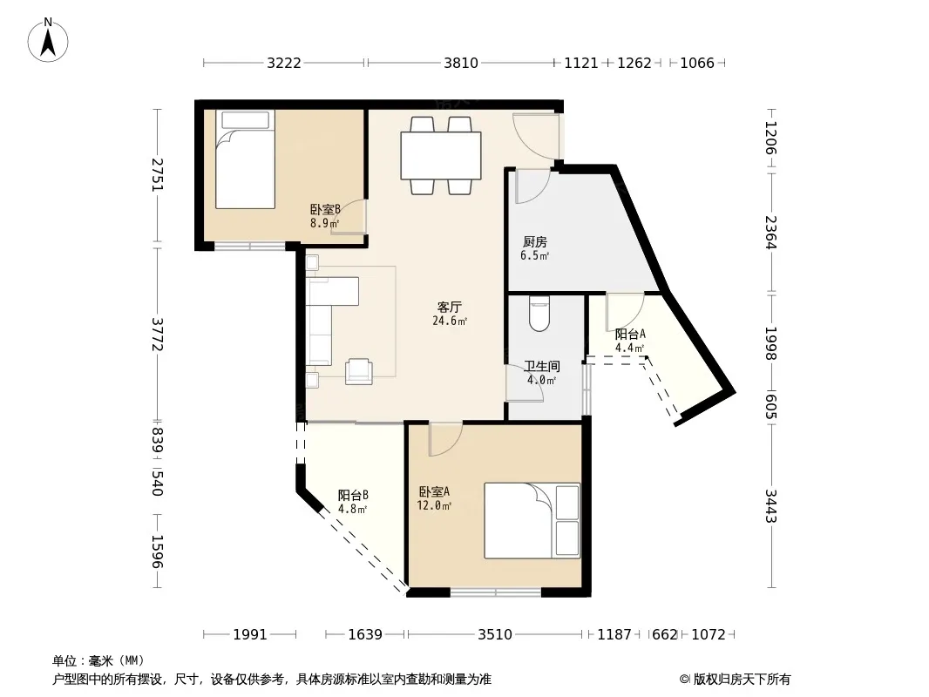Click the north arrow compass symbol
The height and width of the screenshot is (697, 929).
click(x=48, y=40)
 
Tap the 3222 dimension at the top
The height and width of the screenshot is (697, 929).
click(x=284, y=63)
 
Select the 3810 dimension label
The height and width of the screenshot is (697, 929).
click(x=461, y=63)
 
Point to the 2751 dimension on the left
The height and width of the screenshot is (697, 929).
click(x=157, y=174)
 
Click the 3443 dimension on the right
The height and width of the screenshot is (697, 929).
click(x=770, y=505)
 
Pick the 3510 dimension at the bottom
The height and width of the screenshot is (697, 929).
click(x=495, y=635)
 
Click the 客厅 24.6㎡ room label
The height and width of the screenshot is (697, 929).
click(x=449, y=314)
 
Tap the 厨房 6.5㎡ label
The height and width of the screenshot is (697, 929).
click(x=534, y=248)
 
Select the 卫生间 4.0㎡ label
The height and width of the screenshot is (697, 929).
click(x=541, y=373)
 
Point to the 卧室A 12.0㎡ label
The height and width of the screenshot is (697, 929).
click(x=434, y=498)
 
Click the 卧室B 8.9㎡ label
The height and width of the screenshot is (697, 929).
click(x=325, y=216)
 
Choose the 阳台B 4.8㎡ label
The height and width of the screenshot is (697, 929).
click(x=353, y=502)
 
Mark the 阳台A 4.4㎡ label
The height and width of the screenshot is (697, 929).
click(x=630, y=342)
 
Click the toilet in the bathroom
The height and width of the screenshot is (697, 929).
click(x=539, y=314)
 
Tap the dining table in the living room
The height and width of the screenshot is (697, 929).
click(x=441, y=155)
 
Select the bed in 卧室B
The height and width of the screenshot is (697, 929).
click(x=245, y=159)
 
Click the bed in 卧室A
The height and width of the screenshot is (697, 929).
click(x=532, y=520)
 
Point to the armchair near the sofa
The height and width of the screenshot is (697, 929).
click(x=359, y=371)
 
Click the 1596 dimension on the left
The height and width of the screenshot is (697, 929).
click(x=157, y=552)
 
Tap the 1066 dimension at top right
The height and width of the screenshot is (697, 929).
click(x=697, y=63)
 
